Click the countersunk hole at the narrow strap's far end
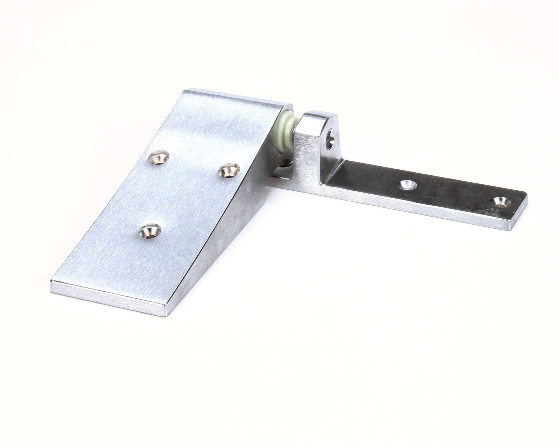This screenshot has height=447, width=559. pyautogui.click(x=502, y=202)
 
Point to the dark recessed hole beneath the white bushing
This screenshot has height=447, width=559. pyautogui.click(x=287, y=163)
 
